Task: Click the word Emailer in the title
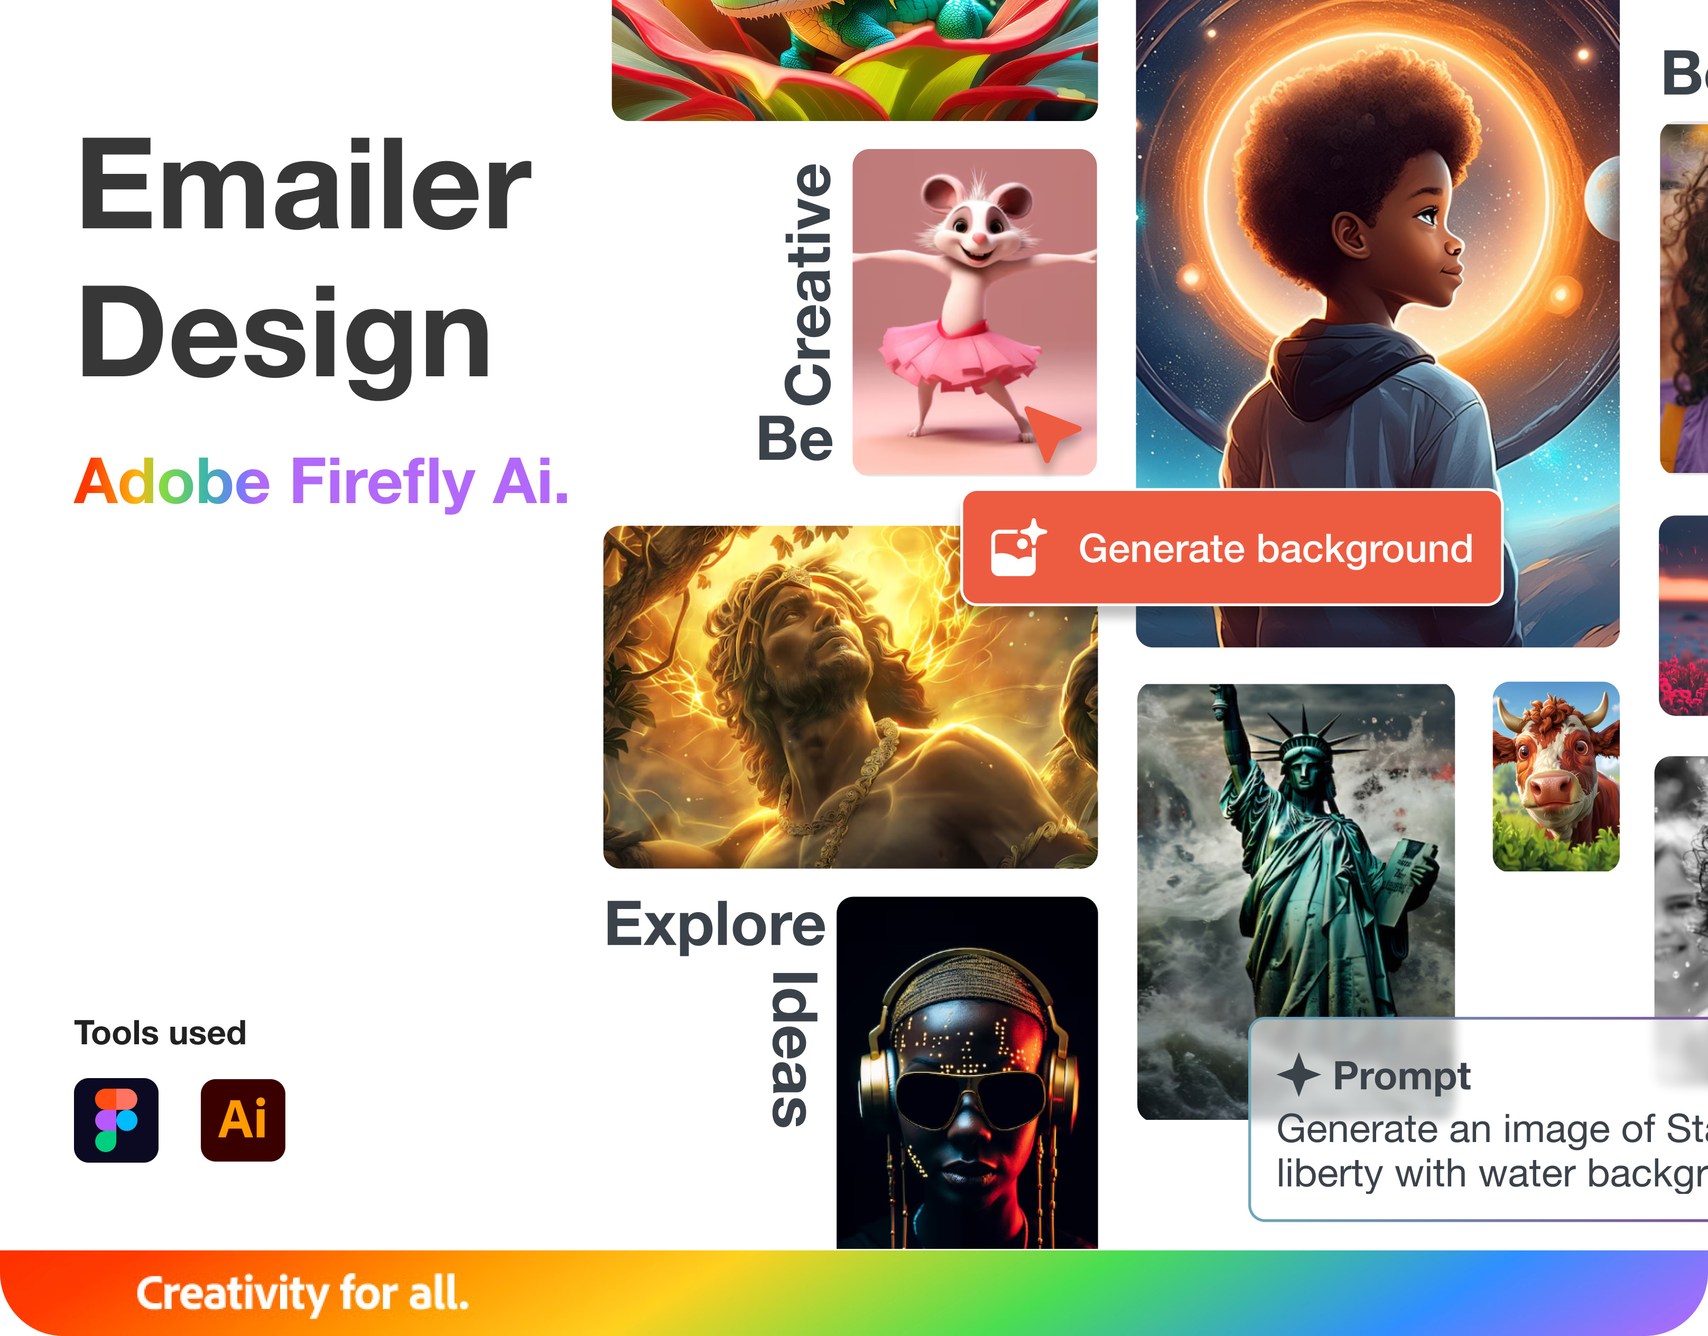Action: [305, 185]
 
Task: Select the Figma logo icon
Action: [116, 1120]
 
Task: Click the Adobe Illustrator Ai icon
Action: [243, 1120]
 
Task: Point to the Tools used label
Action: [160, 1033]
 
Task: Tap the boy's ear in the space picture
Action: [1351, 237]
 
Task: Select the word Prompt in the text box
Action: [1401, 1077]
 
